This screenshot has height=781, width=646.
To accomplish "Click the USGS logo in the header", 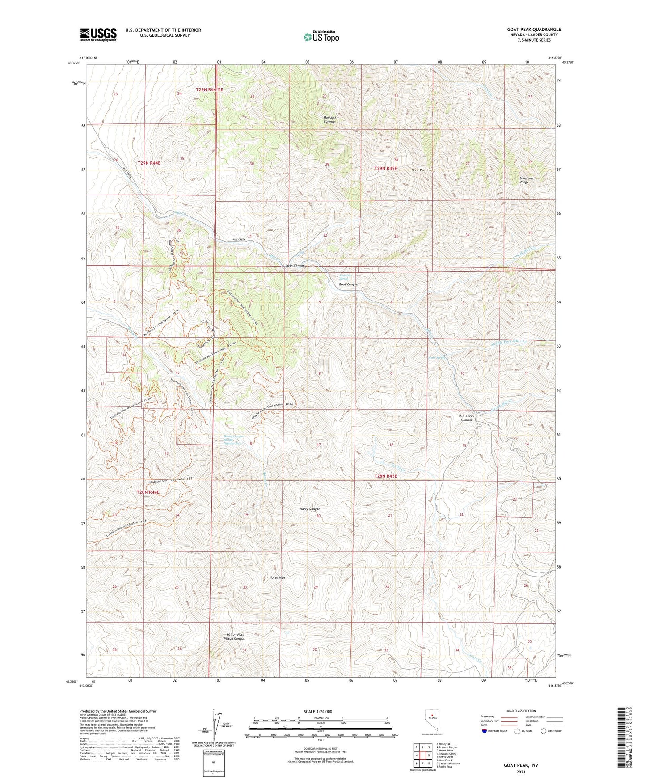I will pyautogui.click(x=98, y=34).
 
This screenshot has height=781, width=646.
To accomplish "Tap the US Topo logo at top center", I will pyautogui.click(x=321, y=37).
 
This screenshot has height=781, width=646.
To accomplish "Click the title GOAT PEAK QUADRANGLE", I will pyautogui.click(x=534, y=30).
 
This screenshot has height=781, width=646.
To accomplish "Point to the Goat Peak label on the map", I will pyautogui.click(x=419, y=170).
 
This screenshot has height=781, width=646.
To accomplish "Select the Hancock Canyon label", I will pyautogui.click(x=329, y=119).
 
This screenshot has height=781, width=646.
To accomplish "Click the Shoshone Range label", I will pyautogui.click(x=526, y=180).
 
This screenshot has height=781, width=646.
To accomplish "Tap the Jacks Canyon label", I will pyautogui.click(x=295, y=266).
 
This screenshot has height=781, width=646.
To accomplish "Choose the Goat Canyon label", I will pyautogui.click(x=348, y=284).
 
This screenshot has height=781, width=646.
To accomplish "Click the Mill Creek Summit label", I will pyautogui.click(x=466, y=418).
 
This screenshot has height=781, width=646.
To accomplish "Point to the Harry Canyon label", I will pyautogui.click(x=310, y=509).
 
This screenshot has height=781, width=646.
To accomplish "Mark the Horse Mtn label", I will pyautogui.click(x=277, y=577).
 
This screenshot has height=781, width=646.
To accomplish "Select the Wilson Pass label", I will pyautogui.click(x=235, y=634).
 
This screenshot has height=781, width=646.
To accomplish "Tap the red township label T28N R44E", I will pyautogui.click(x=148, y=492).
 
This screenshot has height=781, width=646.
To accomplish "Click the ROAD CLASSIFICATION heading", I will pyautogui.click(x=521, y=711).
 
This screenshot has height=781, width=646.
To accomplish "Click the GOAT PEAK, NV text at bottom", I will pyautogui.click(x=521, y=765).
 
